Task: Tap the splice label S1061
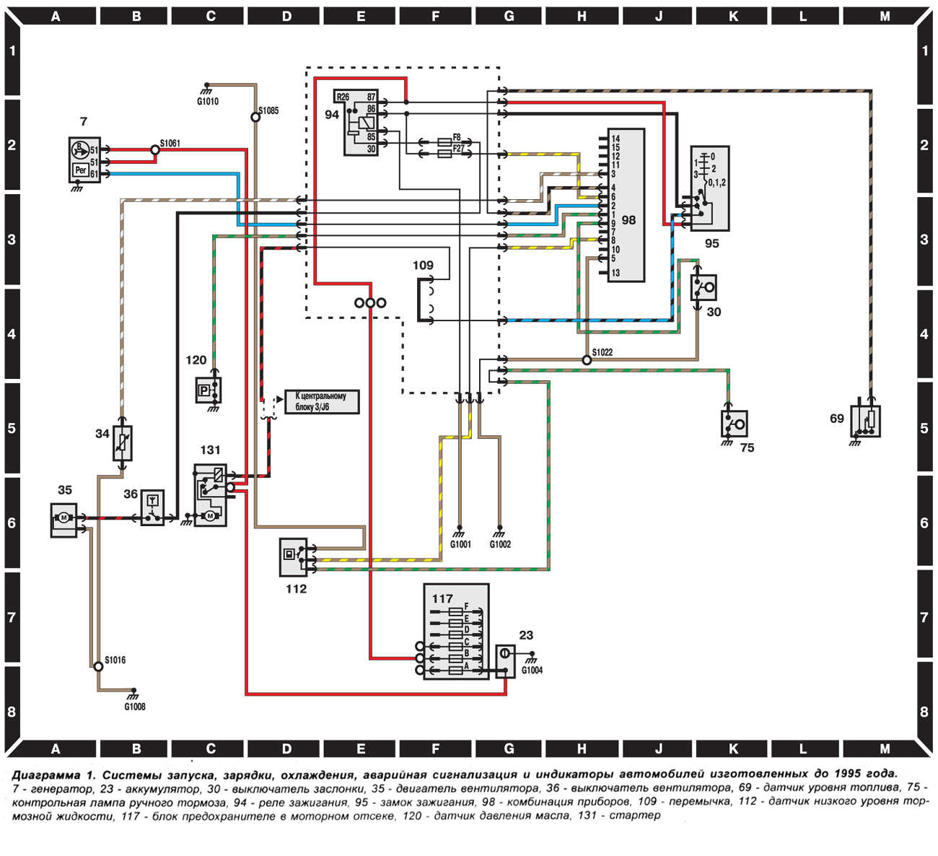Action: [170, 143]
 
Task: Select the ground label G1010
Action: [208, 102]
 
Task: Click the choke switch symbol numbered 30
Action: [703, 287]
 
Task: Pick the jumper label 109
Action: [423, 265]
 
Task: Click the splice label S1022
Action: [602, 352]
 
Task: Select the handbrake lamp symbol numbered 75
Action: [734, 424]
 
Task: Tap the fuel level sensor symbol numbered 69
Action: [865, 421]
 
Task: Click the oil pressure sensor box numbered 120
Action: [209, 390]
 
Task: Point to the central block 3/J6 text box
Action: [322, 401]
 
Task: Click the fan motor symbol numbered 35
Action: [63, 520]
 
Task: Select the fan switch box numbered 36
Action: [152, 507]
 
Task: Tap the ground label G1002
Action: [500, 544]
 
